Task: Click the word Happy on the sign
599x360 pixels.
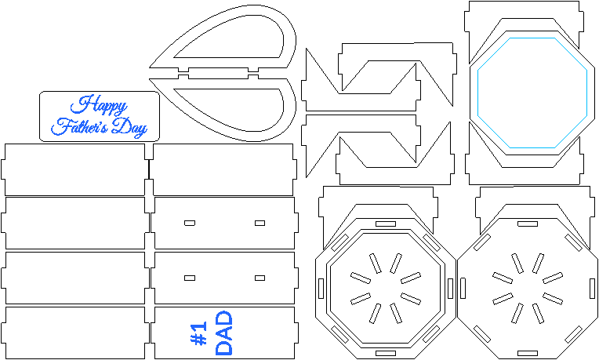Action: pos(99,104)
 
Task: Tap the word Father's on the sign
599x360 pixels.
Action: pos(79,126)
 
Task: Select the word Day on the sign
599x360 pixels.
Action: pos(129,128)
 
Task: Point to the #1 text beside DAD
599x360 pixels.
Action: pos(198,333)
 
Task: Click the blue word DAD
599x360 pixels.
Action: pos(224,333)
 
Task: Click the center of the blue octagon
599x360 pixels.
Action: pos(532,93)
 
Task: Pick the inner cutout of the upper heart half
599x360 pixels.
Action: pos(228,37)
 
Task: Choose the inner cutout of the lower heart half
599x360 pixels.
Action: pos(228,110)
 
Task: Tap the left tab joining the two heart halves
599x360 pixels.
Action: pos(183,73)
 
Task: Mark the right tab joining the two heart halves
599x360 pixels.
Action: pos(253,73)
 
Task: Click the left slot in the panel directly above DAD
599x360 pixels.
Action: pos(190,278)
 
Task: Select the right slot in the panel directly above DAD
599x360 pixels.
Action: pos(260,278)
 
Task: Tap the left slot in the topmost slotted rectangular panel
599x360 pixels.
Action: pos(190,223)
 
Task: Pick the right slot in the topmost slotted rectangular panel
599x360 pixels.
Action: pos(260,223)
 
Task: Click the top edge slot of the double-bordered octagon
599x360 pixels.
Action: pos(386,224)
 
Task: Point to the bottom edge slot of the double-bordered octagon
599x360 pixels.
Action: pos(386,353)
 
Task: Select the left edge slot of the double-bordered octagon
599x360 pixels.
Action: pos(321,289)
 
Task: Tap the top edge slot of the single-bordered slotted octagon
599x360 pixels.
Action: pos(528,224)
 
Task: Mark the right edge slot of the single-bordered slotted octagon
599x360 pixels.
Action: pos(592,289)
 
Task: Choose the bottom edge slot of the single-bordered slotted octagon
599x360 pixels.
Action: pos(528,353)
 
